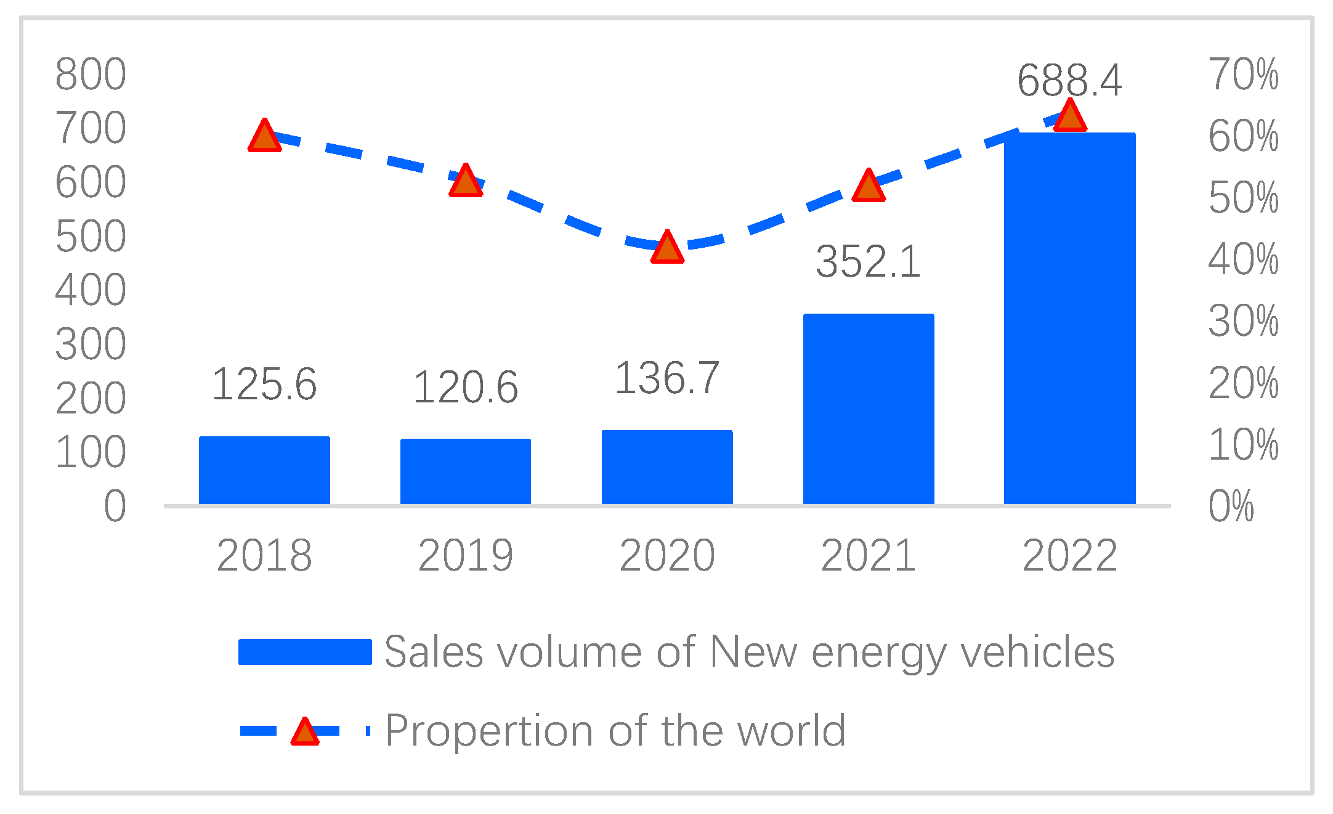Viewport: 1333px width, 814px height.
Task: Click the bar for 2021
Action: (869, 409)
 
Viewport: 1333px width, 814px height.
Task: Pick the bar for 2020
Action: (667, 467)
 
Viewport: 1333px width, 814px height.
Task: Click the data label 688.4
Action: (1069, 81)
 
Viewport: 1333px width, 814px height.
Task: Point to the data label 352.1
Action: (868, 262)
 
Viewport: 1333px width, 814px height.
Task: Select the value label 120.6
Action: (465, 388)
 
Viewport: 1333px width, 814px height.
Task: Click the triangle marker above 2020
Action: (667, 248)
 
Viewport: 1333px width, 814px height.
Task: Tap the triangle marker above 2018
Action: (264, 136)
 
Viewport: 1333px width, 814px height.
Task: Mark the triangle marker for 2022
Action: (1069, 116)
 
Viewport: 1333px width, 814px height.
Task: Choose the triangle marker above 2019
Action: (465, 181)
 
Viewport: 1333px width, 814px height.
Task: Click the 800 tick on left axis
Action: (91, 75)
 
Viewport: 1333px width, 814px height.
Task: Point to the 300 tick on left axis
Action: (91, 344)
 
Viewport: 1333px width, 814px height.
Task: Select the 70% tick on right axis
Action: (1243, 75)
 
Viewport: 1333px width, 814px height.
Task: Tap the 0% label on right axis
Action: (1231, 507)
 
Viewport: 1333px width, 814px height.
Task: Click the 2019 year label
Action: (465, 556)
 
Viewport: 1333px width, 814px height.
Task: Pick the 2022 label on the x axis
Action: (1069, 556)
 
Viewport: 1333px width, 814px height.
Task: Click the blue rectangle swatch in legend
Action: (305, 652)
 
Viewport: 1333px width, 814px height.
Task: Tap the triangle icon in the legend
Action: (305, 732)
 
